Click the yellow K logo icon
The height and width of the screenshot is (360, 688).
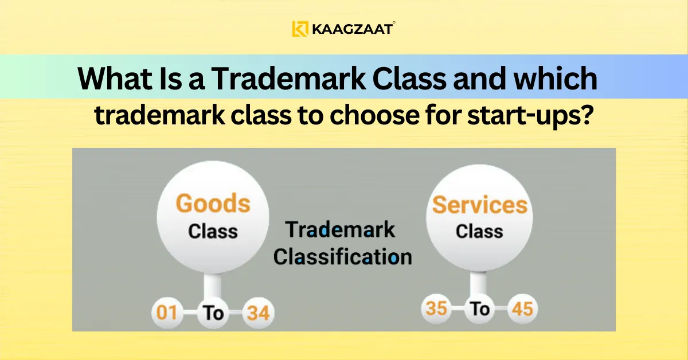click(300, 29)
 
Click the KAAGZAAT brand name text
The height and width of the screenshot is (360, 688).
click(352, 29)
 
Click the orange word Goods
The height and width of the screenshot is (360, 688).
click(213, 204)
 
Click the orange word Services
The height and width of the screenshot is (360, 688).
click(479, 205)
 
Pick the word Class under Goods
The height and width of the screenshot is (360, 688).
click(213, 232)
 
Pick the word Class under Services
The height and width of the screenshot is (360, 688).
click(479, 232)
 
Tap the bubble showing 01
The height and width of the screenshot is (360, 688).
click(166, 314)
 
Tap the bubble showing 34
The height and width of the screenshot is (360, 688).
click(258, 314)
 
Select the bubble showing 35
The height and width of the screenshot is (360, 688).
click(437, 310)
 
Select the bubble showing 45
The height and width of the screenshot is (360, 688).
click(522, 310)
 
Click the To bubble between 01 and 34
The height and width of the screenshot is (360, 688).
click(213, 314)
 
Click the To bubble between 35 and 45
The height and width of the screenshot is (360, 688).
click(480, 310)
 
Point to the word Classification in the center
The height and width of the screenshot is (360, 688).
click(342, 257)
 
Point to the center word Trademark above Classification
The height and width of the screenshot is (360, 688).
click(341, 230)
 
